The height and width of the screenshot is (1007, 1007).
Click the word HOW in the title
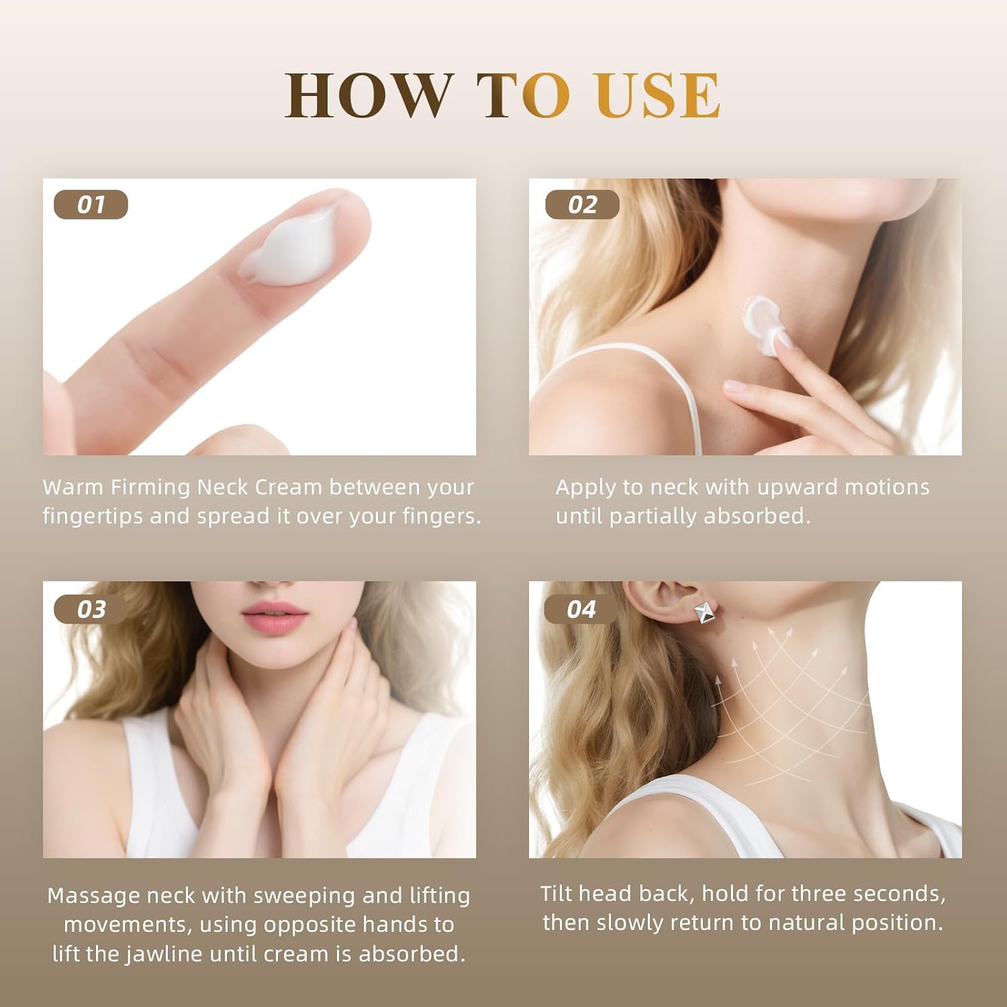[368, 95]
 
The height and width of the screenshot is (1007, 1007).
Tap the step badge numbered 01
[91, 205]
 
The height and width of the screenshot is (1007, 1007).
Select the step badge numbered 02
[582, 205]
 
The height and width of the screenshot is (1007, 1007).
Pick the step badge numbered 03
[91, 610]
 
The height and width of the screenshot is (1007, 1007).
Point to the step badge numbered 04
[581, 610]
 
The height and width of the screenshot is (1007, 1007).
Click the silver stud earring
[704, 614]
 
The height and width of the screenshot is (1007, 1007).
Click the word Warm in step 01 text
[73, 487]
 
